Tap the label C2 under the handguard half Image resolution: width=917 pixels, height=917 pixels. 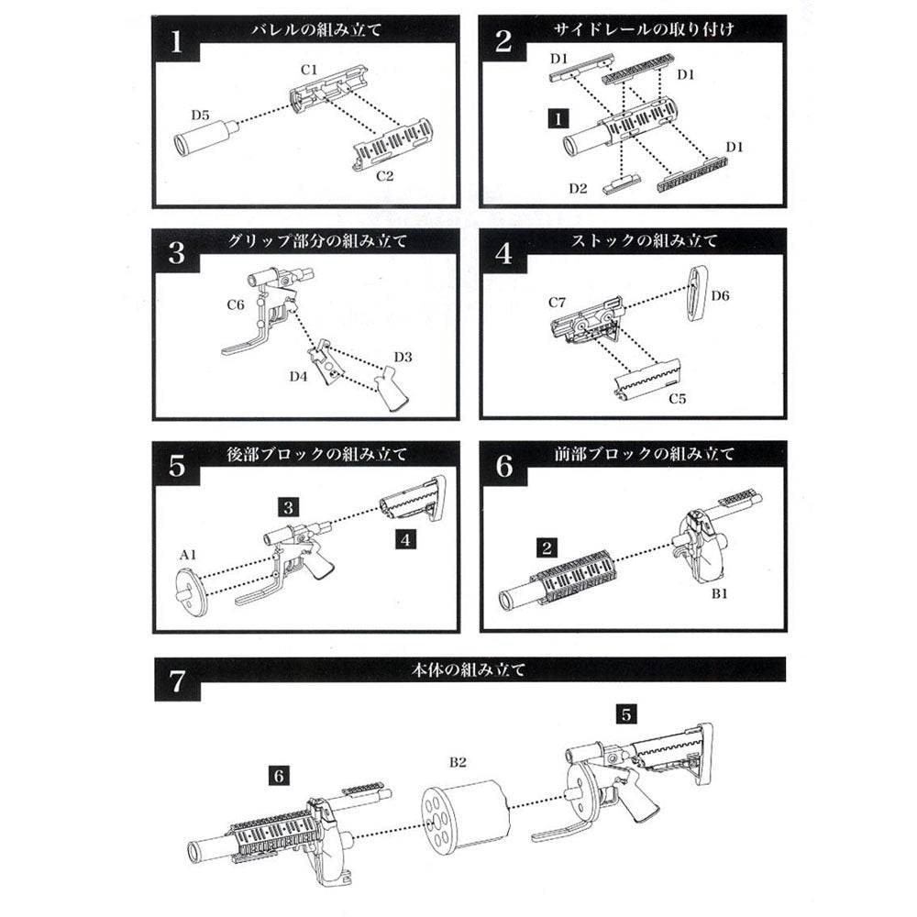(x=384, y=175)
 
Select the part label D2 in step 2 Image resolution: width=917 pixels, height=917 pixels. (x=577, y=188)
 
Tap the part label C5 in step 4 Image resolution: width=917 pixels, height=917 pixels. (x=677, y=399)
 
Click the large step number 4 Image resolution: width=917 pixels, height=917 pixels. (x=503, y=254)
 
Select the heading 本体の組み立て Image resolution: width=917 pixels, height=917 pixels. (x=469, y=668)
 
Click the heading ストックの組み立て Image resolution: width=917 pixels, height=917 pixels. (x=644, y=241)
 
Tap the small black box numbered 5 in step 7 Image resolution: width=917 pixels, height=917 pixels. (x=626, y=711)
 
